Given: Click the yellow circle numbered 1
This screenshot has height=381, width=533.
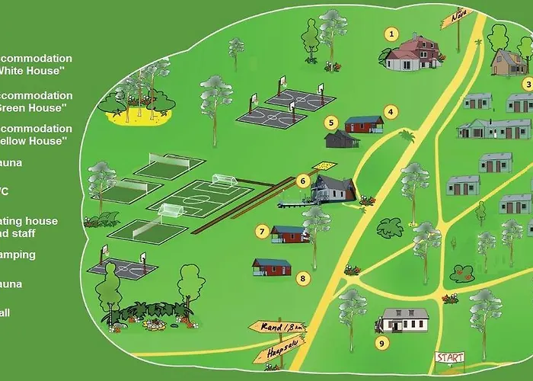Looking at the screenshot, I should (391, 34).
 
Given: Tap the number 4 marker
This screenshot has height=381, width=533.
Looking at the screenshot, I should (390, 111).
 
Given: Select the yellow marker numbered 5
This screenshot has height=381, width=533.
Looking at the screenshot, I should (330, 122).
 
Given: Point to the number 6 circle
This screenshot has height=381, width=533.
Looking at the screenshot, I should (303, 181).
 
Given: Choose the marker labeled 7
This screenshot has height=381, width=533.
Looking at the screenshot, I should (261, 230).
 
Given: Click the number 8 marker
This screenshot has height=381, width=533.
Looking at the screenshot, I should (303, 278).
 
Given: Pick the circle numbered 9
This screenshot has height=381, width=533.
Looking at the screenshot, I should (382, 342).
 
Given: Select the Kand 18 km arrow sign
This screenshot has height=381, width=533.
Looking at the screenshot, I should (276, 328).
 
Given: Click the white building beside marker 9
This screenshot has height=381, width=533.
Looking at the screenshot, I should (405, 320).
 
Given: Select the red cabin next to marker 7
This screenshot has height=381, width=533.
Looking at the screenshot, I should (289, 234).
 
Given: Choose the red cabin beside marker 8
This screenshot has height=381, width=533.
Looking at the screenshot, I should (272, 266).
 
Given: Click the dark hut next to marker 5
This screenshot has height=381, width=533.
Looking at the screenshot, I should (341, 139).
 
